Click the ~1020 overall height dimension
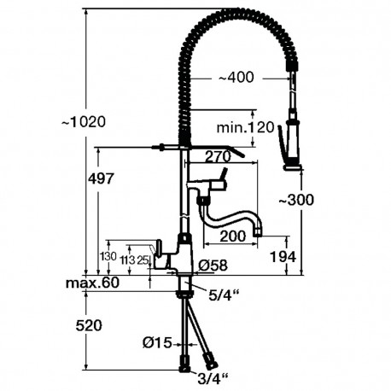point(84,122)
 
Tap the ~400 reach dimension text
point(236,77)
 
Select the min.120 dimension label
point(245,127)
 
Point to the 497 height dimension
point(101,178)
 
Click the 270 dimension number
point(218,156)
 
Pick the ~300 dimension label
point(296,200)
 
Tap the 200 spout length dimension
point(233,236)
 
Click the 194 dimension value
point(283,257)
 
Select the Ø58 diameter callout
point(213,266)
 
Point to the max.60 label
point(92,283)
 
